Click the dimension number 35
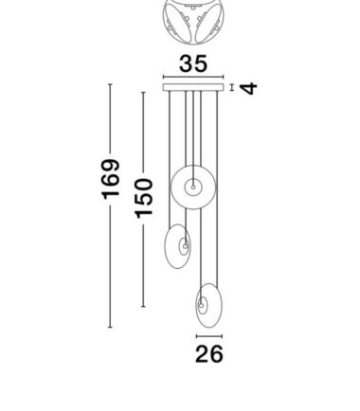[193, 63]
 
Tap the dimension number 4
[248, 88]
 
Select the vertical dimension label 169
[111, 180]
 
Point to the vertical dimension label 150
[144, 198]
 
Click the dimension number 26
[209, 354]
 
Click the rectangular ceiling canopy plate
[193, 87]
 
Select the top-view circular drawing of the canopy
[193, 22]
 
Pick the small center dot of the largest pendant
[193, 188]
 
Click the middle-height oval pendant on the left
[166, 246]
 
